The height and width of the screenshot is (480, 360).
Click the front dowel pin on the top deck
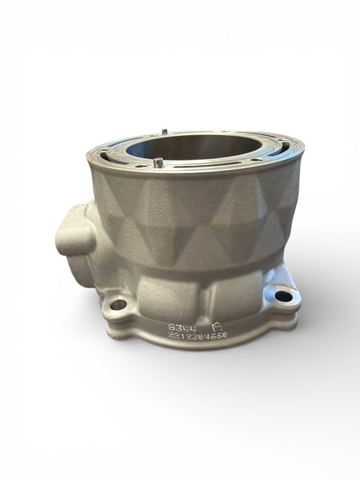point(157,162)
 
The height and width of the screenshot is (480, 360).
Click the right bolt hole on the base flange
point(281,297)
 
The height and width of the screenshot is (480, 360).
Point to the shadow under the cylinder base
point(199,370)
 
